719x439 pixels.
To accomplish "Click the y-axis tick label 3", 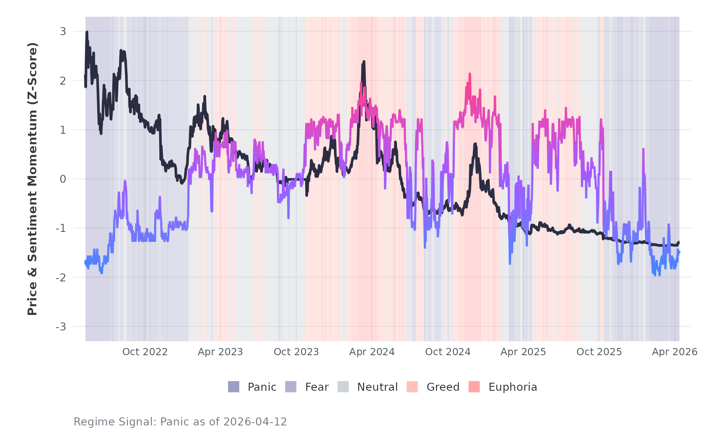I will tap(63, 31).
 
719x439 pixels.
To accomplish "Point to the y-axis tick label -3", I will tap(61, 327).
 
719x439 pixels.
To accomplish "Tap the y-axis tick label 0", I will tap(63, 179).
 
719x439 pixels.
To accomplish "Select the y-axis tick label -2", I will tap(61, 277).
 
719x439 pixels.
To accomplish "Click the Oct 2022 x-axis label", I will tap(145, 352).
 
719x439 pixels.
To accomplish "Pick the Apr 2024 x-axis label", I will tap(372, 352).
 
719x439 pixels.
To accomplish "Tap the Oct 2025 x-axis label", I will tap(599, 352).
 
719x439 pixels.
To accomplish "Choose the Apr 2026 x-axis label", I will tap(674, 352).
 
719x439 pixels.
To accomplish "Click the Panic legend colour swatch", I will tap(234, 387).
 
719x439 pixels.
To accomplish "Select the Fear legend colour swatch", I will tap(291, 387).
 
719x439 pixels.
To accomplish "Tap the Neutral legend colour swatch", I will tap(343, 387).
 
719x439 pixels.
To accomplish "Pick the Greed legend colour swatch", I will tap(412, 387).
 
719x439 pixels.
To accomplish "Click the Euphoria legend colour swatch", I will tap(474, 387).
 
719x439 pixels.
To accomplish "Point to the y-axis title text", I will tap(32, 179).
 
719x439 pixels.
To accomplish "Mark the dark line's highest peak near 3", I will tap(87, 32).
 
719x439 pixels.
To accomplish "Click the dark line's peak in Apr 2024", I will tap(364, 61).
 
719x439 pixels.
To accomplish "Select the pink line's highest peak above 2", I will tap(470, 74).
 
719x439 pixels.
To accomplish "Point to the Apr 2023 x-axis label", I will tap(220, 352).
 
